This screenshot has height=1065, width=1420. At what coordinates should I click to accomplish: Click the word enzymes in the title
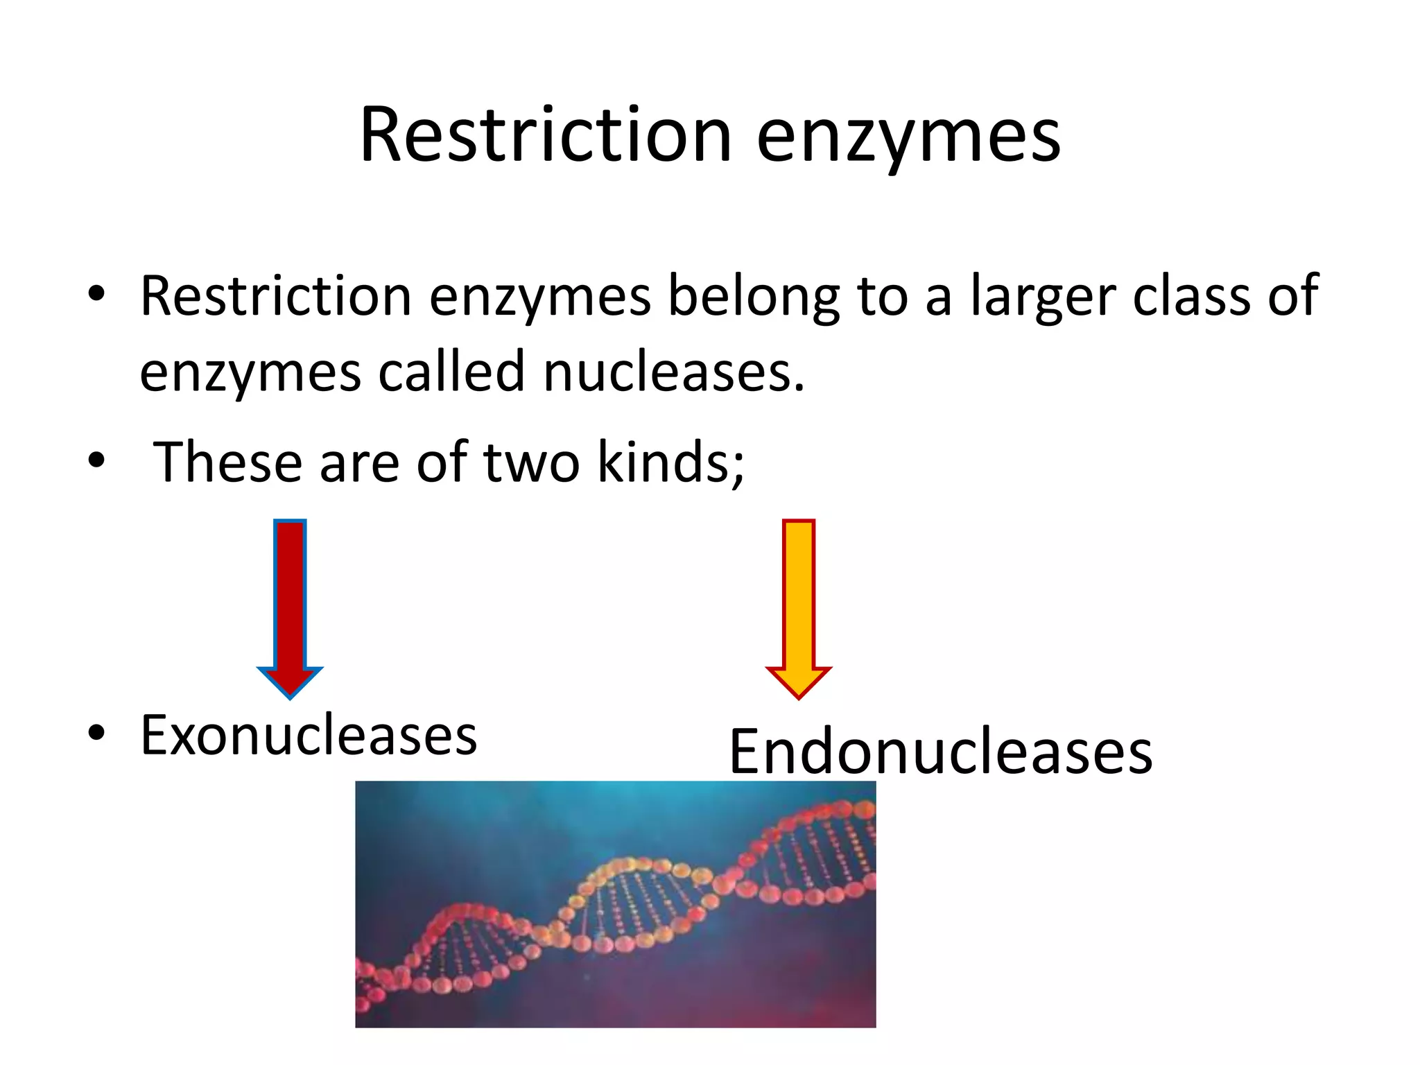[908, 137]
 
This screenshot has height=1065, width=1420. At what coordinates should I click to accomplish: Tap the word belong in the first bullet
[753, 297]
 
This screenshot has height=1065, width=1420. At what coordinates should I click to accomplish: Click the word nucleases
[674, 372]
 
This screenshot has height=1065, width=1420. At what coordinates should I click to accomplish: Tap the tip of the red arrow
[290, 695]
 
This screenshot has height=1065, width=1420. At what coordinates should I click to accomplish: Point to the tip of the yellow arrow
[798, 695]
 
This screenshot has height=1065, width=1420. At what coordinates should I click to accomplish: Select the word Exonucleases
[309, 735]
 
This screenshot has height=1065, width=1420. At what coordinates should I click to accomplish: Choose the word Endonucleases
[940, 752]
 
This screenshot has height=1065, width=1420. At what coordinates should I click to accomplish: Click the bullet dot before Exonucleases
[96, 733]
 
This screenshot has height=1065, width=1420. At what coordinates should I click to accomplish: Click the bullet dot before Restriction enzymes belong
[96, 294]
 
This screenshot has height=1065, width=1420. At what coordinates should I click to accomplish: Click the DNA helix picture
[615, 903]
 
